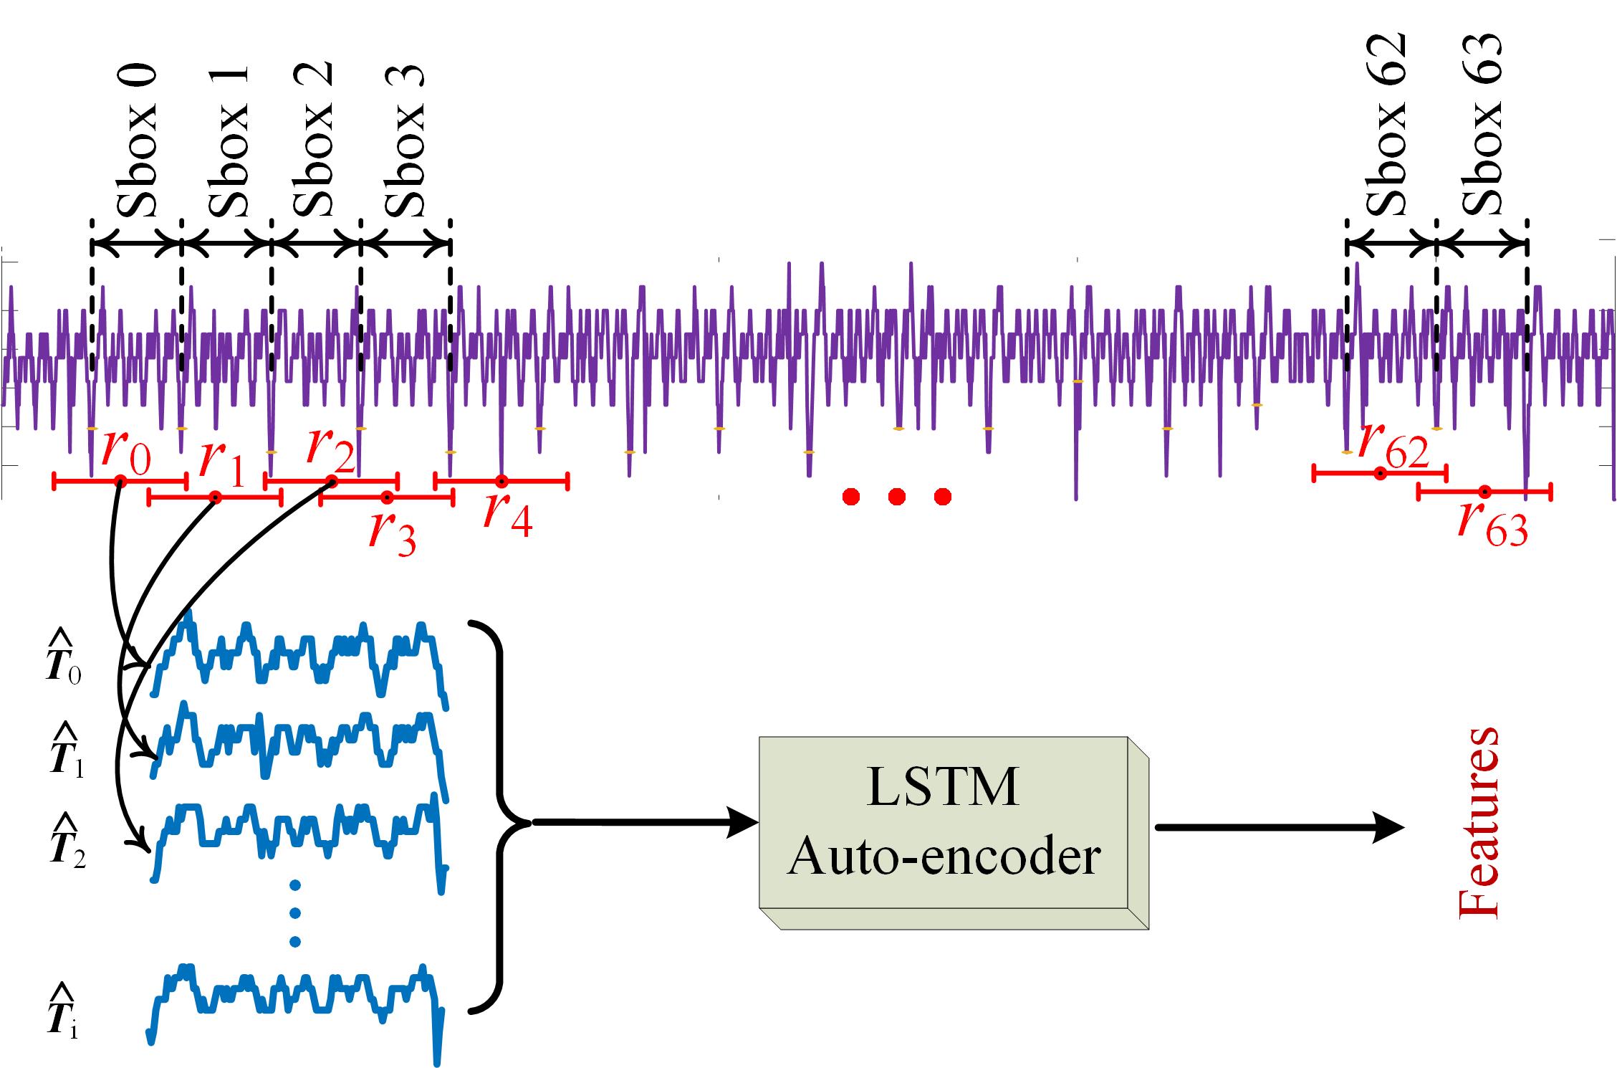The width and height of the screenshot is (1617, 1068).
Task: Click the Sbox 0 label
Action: [x=136, y=143]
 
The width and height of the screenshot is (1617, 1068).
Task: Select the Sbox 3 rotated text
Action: [x=405, y=143]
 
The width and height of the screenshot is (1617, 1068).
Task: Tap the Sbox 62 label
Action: [x=1387, y=125]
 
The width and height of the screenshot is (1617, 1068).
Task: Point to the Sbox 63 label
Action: [x=1480, y=125]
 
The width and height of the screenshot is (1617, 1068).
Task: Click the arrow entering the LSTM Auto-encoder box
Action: [x=645, y=823]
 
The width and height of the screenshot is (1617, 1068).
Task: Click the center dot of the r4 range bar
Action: [x=502, y=481]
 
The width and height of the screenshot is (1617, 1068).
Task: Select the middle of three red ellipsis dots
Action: [x=896, y=496]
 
